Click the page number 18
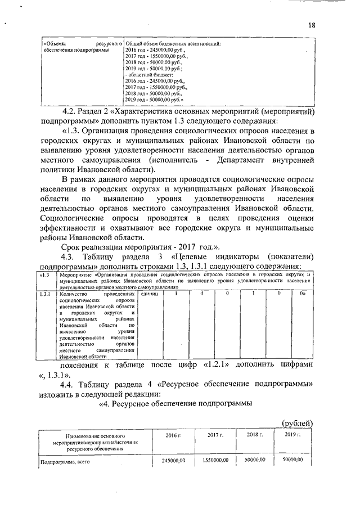coord(312,24)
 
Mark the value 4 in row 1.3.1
coord(201,294)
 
